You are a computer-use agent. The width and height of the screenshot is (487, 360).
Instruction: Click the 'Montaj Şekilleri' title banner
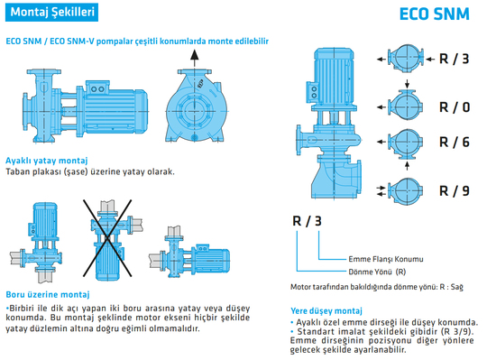(x=52, y=12)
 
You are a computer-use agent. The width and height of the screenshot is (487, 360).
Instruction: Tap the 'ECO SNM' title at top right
(x=434, y=14)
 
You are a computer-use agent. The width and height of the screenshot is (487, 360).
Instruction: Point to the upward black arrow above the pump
(x=195, y=59)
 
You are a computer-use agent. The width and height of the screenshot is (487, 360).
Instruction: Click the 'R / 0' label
(x=455, y=107)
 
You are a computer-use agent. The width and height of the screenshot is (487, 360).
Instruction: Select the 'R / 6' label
(x=455, y=143)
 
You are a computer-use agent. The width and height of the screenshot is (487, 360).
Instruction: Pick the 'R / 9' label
(x=455, y=191)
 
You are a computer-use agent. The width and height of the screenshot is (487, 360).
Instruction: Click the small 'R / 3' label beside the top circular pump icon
(x=455, y=59)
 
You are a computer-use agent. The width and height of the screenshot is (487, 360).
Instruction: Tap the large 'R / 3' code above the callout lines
(x=307, y=221)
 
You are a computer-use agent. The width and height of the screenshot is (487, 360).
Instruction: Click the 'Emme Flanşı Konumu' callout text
(x=386, y=259)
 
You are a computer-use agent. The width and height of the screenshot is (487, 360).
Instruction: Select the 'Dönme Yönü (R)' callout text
(x=377, y=272)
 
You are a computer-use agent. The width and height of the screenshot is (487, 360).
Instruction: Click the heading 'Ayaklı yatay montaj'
(x=47, y=161)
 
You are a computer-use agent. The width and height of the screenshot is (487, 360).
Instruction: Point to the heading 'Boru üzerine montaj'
(x=48, y=294)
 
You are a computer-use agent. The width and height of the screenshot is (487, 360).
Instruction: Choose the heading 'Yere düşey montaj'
(x=326, y=311)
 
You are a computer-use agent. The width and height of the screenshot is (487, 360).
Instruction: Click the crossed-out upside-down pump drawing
(x=107, y=239)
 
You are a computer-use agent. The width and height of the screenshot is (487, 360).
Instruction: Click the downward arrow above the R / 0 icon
(x=407, y=84)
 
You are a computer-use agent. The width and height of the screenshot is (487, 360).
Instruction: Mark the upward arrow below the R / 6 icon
(x=407, y=165)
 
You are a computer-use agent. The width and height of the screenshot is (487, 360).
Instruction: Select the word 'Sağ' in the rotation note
(x=457, y=287)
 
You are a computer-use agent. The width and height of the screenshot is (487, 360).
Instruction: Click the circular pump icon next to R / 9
(x=405, y=190)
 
